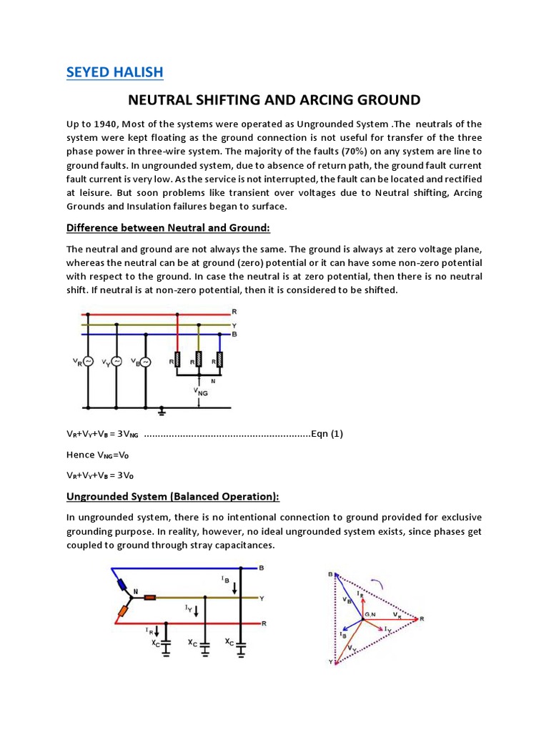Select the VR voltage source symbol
point(89,362)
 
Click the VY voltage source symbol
point(117,362)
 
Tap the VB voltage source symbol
point(145,362)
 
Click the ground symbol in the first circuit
point(162,411)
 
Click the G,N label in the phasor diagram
point(369,615)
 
